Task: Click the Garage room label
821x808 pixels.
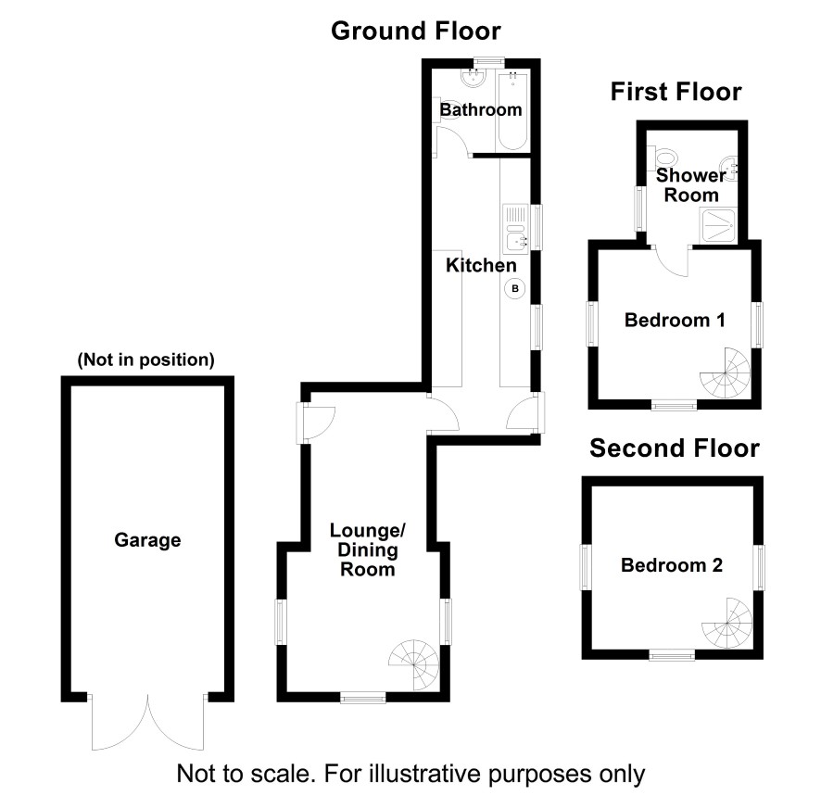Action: click(x=146, y=540)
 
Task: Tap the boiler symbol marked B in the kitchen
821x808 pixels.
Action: click(x=514, y=289)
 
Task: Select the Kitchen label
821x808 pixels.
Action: click(x=481, y=266)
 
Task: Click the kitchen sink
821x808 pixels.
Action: click(x=514, y=230)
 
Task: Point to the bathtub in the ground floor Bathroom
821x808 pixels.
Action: click(x=512, y=109)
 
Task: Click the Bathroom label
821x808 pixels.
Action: click(x=481, y=110)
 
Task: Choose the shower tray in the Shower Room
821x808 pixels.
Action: click(x=718, y=224)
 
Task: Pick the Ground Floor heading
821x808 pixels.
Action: click(x=416, y=32)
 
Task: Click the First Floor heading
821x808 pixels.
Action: click(x=676, y=92)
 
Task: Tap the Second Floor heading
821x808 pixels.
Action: click(x=676, y=448)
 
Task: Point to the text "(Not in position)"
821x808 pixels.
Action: click(x=146, y=360)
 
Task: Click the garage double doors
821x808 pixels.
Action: click(x=147, y=723)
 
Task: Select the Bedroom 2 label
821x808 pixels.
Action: click(x=672, y=565)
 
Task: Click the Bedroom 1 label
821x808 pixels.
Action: click(x=675, y=321)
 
